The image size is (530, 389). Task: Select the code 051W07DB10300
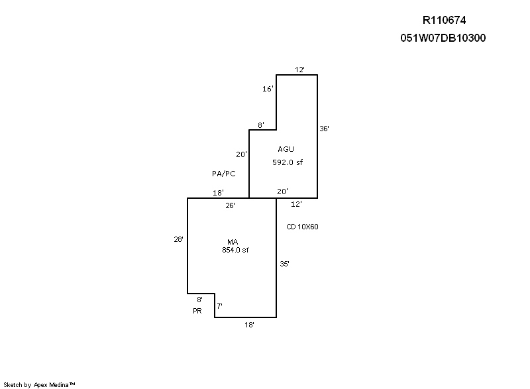coord(443,38)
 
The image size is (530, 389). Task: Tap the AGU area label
coord(286,149)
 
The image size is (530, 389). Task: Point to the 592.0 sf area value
coord(287,162)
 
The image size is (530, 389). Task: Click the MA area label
coord(235,242)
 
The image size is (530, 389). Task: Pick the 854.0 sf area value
coord(235,250)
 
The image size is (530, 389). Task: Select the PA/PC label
coord(223,174)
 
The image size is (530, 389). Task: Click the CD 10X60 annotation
coord(302,227)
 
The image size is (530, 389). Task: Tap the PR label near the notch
coord(197,310)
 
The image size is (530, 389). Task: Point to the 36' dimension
coord(324,129)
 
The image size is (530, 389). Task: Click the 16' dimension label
coord(268,88)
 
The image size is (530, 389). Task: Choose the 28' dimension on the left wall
coord(178,240)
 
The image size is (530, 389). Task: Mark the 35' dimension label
coord(284,264)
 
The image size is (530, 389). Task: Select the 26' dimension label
coord(230,205)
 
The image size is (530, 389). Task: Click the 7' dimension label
coord(219,306)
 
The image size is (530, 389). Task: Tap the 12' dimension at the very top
coord(299,69)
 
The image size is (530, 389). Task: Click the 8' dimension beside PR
coord(199,300)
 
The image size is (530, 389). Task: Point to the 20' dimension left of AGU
coord(241,154)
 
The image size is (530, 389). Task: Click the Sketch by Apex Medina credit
coord(40,384)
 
